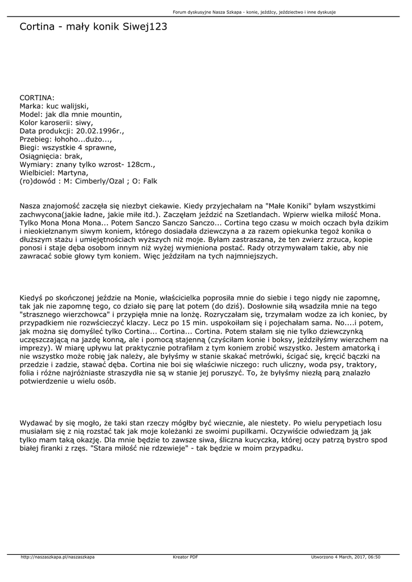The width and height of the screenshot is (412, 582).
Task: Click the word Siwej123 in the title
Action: coord(145,27)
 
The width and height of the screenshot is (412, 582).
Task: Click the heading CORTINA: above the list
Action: coord(37,98)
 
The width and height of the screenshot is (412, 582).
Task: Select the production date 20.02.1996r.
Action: coord(98,130)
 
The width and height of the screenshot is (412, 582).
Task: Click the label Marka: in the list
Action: coord(32,106)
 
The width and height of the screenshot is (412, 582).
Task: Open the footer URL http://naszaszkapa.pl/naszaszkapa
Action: coord(57,557)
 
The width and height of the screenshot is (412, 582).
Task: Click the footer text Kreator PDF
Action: coord(185,557)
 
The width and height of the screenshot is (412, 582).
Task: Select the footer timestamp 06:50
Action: coord(373,557)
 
